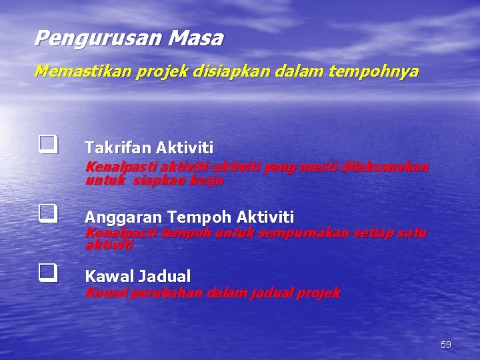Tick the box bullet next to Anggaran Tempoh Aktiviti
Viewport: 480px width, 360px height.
(x=46, y=213)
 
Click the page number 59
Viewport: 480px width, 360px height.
(x=445, y=345)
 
